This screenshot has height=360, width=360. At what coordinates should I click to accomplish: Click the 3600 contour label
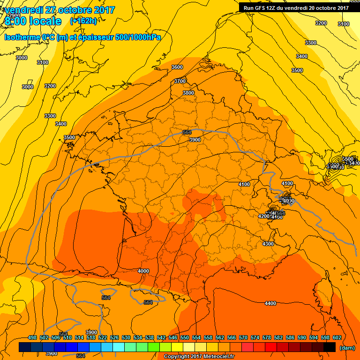(x=177, y=67)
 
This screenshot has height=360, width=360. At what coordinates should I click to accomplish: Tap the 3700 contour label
(x=180, y=81)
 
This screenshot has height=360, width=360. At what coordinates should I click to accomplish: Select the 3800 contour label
(x=188, y=93)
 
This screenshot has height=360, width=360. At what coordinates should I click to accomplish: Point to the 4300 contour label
(x=268, y=244)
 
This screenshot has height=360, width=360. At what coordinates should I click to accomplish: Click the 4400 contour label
(x=270, y=303)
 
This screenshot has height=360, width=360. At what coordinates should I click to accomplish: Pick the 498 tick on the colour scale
(x=32, y=337)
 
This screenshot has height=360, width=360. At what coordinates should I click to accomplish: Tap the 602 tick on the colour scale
(x=337, y=337)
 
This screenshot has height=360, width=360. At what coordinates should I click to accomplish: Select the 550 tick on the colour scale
(x=185, y=337)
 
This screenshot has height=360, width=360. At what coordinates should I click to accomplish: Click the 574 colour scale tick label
(x=255, y=337)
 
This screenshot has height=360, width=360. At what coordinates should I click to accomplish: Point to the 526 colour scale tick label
(x=114, y=337)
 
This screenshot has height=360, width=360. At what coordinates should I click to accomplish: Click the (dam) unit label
(x=347, y=348)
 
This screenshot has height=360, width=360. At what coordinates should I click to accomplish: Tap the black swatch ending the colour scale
(x=330, y=347)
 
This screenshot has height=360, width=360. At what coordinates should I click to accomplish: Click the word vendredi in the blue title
(x=24, y=10)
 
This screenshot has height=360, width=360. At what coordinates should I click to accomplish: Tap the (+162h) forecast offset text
(x=83, y=21)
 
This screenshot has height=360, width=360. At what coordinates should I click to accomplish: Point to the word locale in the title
(x=45, y=21)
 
